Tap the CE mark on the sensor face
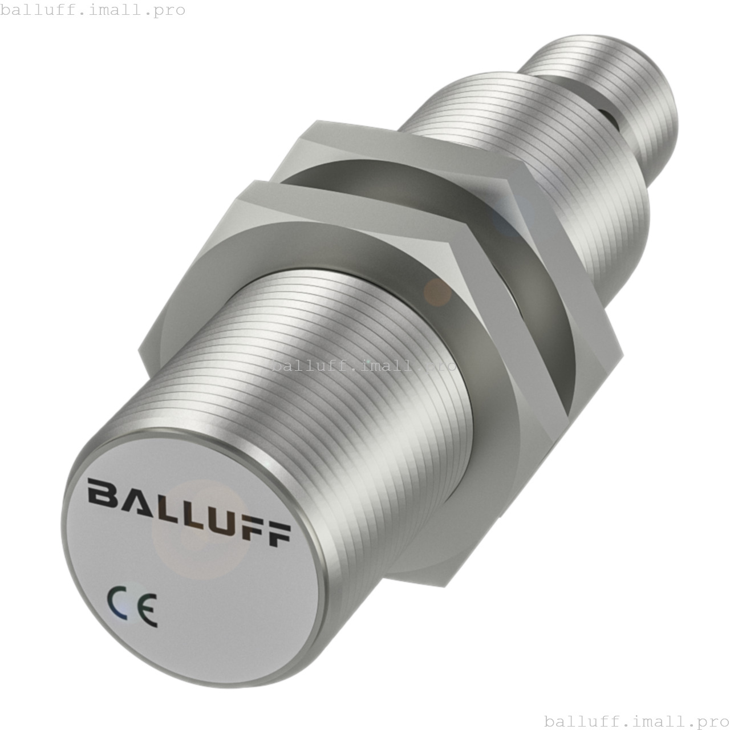coord(132,606)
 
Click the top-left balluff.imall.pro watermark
coord(93,10)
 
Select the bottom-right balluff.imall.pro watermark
coord(636,721)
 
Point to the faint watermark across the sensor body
coord(364,366)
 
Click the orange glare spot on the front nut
coord(437,291)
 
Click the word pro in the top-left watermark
coord(169,10)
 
